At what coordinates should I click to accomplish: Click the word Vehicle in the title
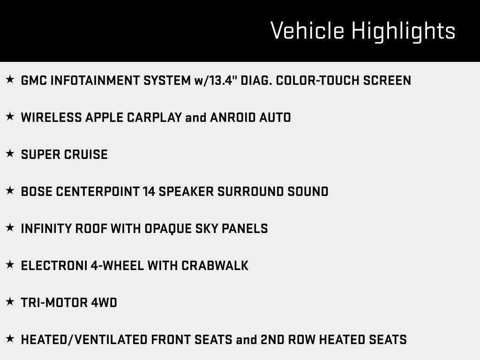tap(307, 31)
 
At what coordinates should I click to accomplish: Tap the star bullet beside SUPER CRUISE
tap(10, 154)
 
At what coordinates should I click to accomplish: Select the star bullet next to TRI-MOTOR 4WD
tap(10, 302)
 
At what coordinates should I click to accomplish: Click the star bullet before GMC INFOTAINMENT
tap(10, 80)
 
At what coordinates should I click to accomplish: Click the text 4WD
tap(104, 302)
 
